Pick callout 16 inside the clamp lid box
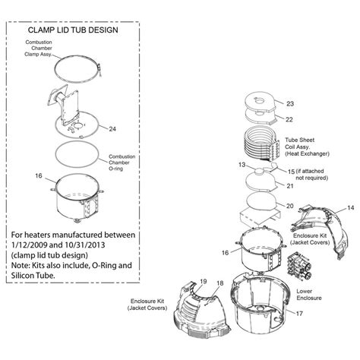coord(38,176)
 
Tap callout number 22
coord(289,118)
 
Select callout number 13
coord(241,164)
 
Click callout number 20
coord(289,205)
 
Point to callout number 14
coord(350,207)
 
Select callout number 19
coord(203,282)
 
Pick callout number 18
coord(219,283)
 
